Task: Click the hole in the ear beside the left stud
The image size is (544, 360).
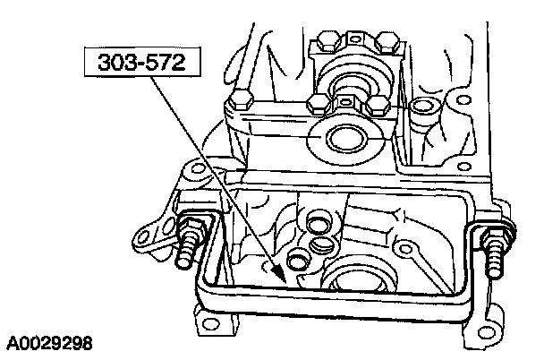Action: coord(144,240)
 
